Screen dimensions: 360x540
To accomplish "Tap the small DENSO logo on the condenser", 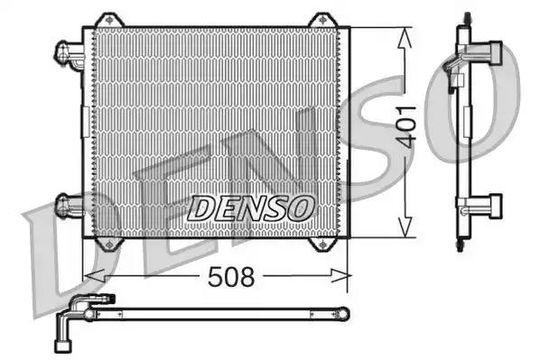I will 250,208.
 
